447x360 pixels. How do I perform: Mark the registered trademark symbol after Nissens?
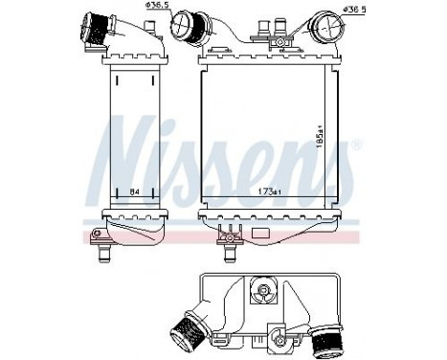click(x=357, y=146)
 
